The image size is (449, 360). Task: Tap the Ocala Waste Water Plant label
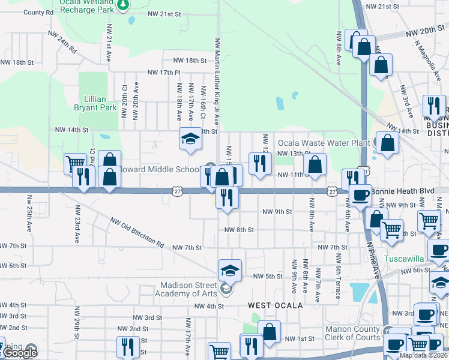click(x=324, y=143)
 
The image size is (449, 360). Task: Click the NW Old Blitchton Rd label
click(x=137, y=233)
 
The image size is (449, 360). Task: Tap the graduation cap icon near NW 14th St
click(x=190, y=139)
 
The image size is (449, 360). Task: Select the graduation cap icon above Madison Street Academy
click(x=229, y=271)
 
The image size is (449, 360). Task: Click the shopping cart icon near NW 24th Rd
click(x=75, y=163)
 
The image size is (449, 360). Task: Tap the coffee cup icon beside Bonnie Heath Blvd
click(x=360, y=196)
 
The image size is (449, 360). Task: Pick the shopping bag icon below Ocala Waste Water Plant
click(x=315, y=164)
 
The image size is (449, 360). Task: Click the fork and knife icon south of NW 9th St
click(x=227, y=197)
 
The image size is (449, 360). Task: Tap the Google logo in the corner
click(x=20, y=353)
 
